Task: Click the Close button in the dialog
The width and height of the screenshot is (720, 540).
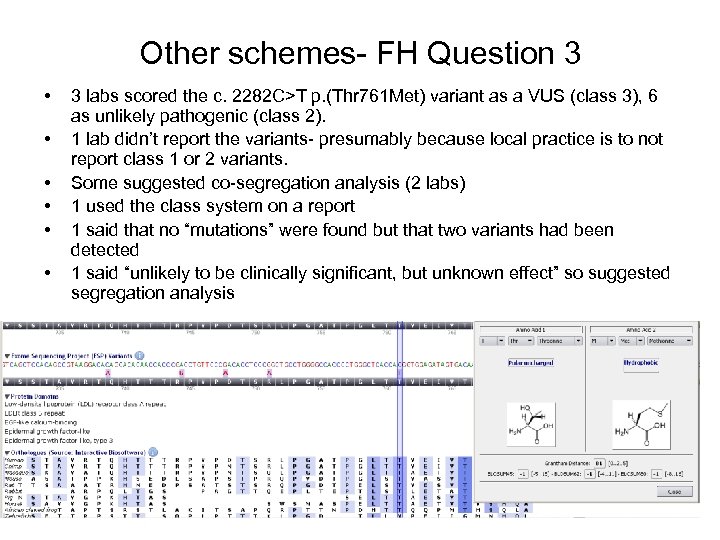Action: (675, 492)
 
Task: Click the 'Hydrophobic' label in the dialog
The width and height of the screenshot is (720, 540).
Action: (641, 364)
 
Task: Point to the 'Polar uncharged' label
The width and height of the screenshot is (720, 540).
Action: (531, 364)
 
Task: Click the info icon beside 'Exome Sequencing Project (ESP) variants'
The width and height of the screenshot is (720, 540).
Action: (140, 355)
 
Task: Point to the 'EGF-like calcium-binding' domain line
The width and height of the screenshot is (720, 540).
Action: (44, 420)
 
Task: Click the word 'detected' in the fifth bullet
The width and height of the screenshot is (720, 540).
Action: (104, 249)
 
